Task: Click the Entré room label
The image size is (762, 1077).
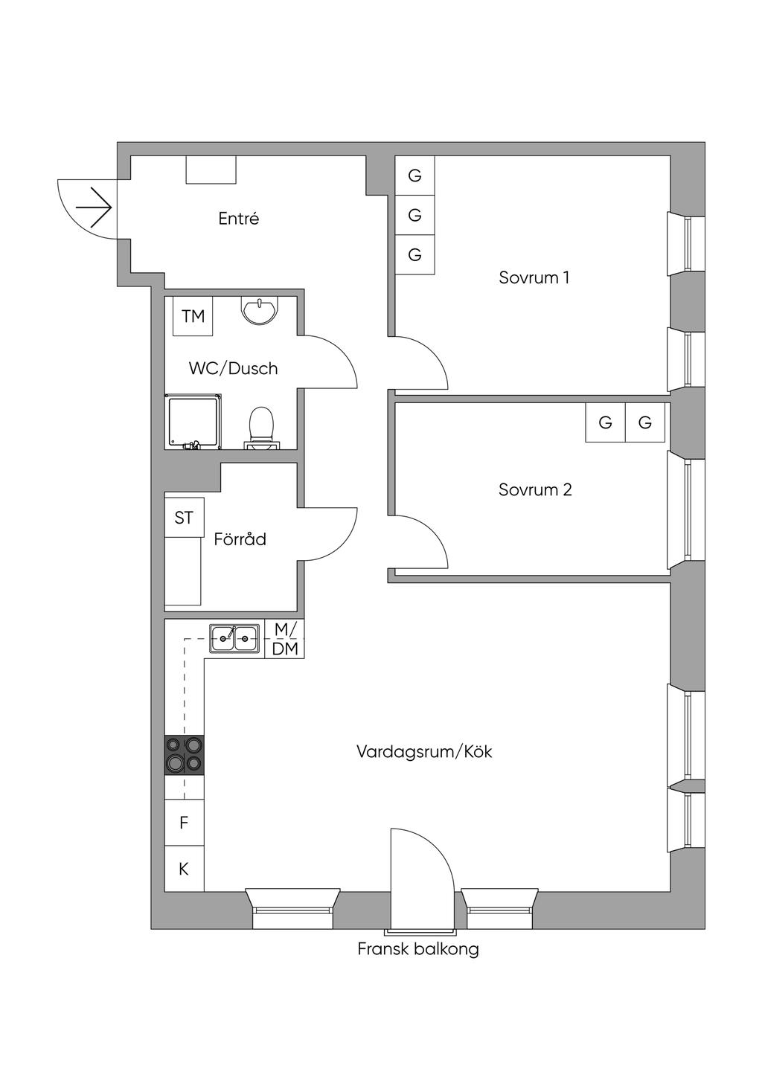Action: [x=239, y=219]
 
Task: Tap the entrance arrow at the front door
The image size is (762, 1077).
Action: [x=95, y=208]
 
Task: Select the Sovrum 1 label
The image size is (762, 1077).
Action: [x=534, y=277]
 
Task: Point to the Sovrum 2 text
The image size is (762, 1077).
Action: [x=535, y=489]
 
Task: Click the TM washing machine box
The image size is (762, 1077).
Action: [x=193, y=316]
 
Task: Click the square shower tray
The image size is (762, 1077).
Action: [x=193, y=422]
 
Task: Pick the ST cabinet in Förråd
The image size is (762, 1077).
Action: [x=185, y=518]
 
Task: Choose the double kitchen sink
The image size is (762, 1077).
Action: [x=234, y=638]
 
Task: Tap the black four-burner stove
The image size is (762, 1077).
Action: [x=185, y=755]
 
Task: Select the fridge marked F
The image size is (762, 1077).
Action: [x=185, y=823]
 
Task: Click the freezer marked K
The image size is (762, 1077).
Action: [x=185, y=869]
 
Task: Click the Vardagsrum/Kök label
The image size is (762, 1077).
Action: [x=424, y=751]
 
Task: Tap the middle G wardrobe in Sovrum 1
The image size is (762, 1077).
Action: [x=415, y=215]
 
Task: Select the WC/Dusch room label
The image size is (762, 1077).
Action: [x=234, y=369]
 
